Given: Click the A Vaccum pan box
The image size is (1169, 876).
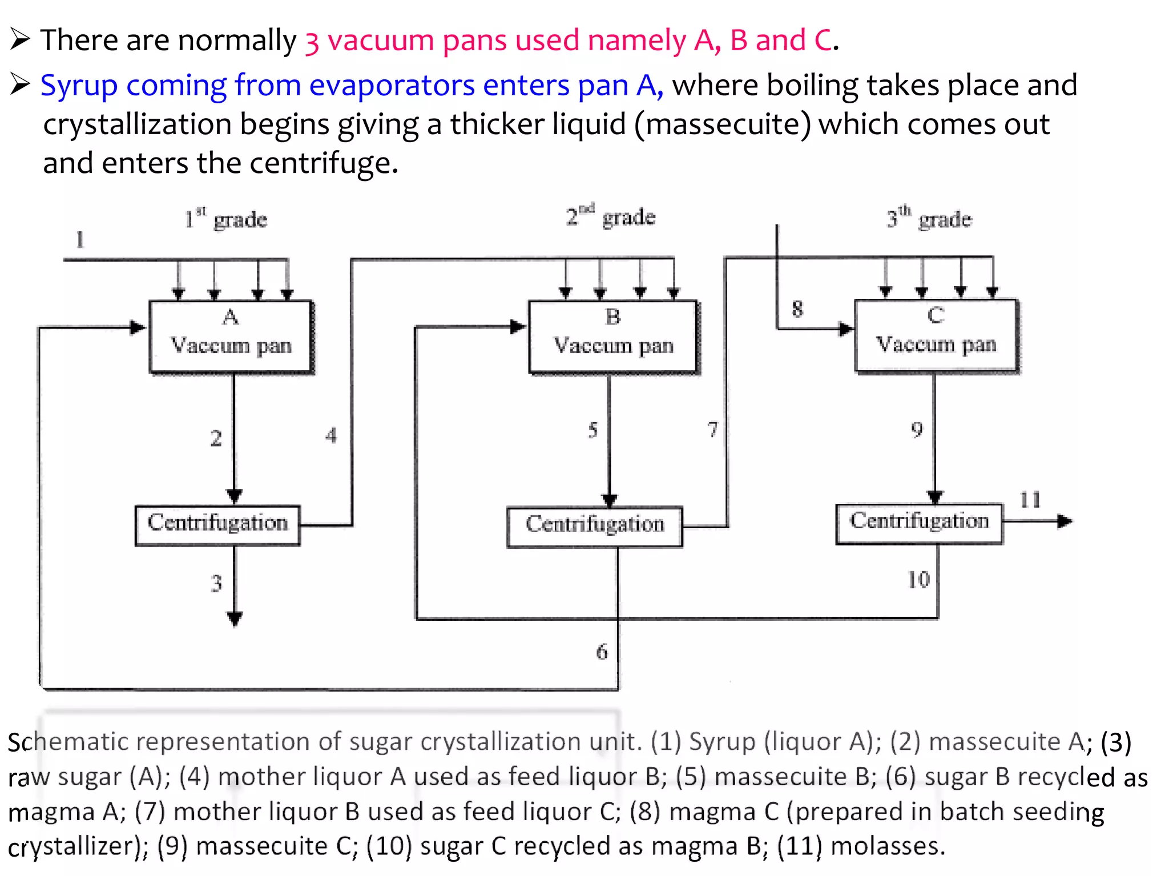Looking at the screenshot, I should tap(231, 337).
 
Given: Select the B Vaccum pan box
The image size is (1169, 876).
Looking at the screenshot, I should tap(613, 337).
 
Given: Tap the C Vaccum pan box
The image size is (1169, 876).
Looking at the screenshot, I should tap(936, 336).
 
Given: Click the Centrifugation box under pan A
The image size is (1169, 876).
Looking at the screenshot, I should tap(217, 524).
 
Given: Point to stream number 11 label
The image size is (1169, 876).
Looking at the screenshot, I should tap(1030, 500).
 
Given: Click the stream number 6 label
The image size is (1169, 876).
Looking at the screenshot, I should tap(602, 652).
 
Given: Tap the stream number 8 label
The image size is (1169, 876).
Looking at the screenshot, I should tap(797, 309).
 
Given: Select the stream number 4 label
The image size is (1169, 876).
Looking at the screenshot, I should tap(331, 436).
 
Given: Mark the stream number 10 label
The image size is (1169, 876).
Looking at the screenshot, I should tap(918, 580).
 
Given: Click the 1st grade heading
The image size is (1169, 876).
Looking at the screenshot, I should tap(226, 219).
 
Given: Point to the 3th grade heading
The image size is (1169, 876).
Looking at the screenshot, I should tap(929, 218).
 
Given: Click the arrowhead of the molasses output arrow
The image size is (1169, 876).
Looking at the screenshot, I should tap(1065, 520).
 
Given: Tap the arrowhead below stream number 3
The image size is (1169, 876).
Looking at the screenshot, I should tap(235, 619).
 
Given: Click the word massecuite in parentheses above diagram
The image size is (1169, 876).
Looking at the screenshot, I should tap(723, 124).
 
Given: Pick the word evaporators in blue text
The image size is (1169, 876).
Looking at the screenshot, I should tap(392, 86).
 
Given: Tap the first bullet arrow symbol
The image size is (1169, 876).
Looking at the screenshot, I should tap(20, 40).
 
